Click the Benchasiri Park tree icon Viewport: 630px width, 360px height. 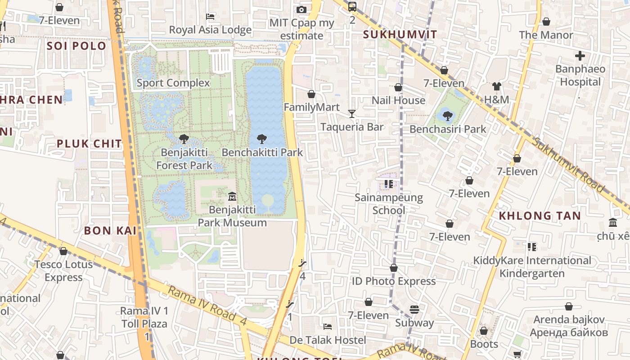tap(447, 116)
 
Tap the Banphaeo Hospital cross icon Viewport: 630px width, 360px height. tap(580, 56)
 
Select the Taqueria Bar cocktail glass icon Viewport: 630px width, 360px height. tap(352, 114)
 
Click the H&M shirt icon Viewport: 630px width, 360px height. tap(496, 86)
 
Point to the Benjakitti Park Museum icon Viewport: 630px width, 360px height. tap(232, 197)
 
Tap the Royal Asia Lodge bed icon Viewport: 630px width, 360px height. tap(210, 17)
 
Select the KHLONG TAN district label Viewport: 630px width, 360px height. tap(540, 216)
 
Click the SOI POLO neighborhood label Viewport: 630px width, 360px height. tap(76, 46)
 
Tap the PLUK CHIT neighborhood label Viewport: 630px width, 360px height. tap(89, 144)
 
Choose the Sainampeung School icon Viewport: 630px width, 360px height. tap(389, 184)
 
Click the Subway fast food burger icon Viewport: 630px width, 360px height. tap(414, 310)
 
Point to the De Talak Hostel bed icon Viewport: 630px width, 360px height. tap(328, 327)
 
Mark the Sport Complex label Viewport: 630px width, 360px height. tap(173, 83)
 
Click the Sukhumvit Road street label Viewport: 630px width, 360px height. tap(569, 166)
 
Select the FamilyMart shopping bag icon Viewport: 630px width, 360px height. tap(311, 94)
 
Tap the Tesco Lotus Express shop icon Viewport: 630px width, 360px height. tap(63, 251)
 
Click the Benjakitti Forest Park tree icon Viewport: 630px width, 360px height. tap(184, 139)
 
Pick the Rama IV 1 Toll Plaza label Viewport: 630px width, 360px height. tap(144, 317)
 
